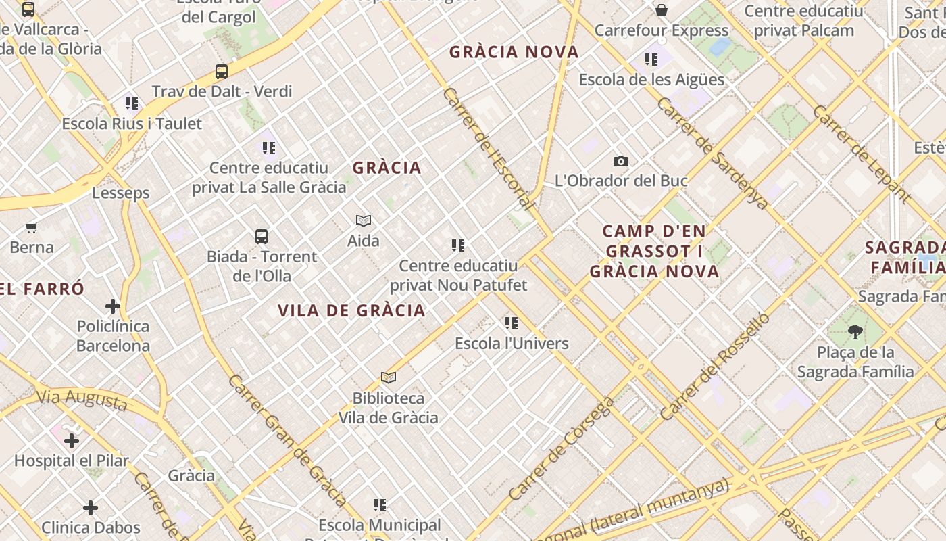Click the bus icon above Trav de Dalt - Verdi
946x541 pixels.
[221, 71]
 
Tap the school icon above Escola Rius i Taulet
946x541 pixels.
[132, 103]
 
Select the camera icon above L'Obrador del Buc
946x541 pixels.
[620, 161]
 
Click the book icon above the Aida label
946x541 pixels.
[364, 220]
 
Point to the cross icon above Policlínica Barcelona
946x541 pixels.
[113, 306]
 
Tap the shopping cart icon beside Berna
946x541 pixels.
[31, 227]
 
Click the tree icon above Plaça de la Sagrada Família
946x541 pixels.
[855, 331]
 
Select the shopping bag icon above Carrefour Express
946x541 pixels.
[662, 10]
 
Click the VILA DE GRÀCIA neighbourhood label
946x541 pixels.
[351, 310]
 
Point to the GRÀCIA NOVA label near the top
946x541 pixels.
[514, 52]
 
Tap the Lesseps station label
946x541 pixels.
[121, 193]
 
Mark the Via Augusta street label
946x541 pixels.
[82, 400]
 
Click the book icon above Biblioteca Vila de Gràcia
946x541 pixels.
[389, 378]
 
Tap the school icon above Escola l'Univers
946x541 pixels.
[512, 323]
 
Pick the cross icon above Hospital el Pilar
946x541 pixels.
[72, 441]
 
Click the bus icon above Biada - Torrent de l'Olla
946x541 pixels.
[262, 237]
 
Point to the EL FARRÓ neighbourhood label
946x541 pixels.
[42, 289]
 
